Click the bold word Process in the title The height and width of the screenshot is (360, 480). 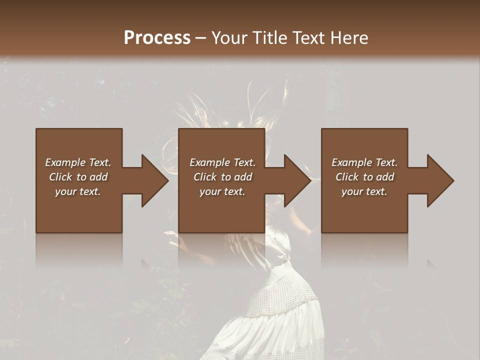click(x=157, y=38)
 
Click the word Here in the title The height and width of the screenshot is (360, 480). click(x=348, y=38)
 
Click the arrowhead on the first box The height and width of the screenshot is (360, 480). click(x=153, y=180)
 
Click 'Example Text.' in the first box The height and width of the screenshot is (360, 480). click(x=78, y=162)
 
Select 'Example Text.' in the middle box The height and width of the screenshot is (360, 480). click(x=222, y=162)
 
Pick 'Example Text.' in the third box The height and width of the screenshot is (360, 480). click(x=364, y=162)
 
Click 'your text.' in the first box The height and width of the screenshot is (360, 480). click(x=78, y=191)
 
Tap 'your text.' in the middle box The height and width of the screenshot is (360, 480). click(x=222, y=191)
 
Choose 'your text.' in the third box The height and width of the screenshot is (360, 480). click(x=364, y=191)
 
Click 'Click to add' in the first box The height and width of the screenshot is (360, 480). click(x=78, y=177)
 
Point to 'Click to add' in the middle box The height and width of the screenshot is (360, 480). click(x=222, y=177)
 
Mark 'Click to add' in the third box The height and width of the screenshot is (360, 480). click(x=364, y=177)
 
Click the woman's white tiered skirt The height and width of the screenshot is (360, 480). click(x=280, y=320)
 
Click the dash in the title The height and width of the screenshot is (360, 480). click(x=201, y=38)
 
